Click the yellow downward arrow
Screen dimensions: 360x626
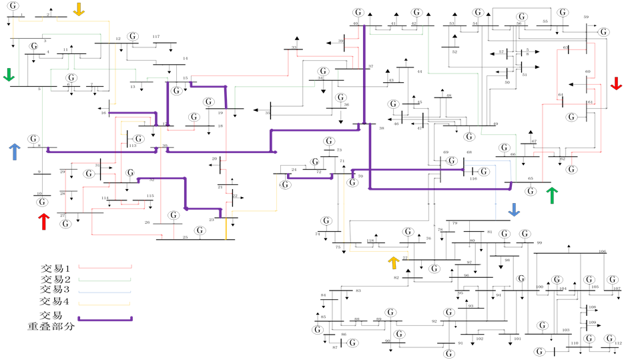tap(79, 9)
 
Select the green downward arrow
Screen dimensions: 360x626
tap(9, 75)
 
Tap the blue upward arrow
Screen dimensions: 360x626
tap(15, 152)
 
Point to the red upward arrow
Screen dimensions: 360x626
tap(44, 221)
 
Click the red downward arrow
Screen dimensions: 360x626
tap(616, 83)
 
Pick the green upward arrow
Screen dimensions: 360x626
tap(551, 195)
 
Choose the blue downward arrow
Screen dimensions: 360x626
tap(514, 210)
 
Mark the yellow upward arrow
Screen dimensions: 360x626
tap(394, 262)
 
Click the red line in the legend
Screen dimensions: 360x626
tap(105, 267)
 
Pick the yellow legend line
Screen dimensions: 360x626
tap(104, 305)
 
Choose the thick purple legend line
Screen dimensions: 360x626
tap(105, 319)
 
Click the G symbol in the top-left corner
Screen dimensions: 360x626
tap(13, 6)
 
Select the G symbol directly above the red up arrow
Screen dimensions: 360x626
tap(42, 202)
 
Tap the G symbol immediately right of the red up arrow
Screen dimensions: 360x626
tap(65, 224)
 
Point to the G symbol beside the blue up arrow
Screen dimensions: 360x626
tap(33, 139)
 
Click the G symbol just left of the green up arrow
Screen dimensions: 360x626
tap(531, 191)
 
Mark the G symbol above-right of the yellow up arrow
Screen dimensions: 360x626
tap(408, 232)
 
